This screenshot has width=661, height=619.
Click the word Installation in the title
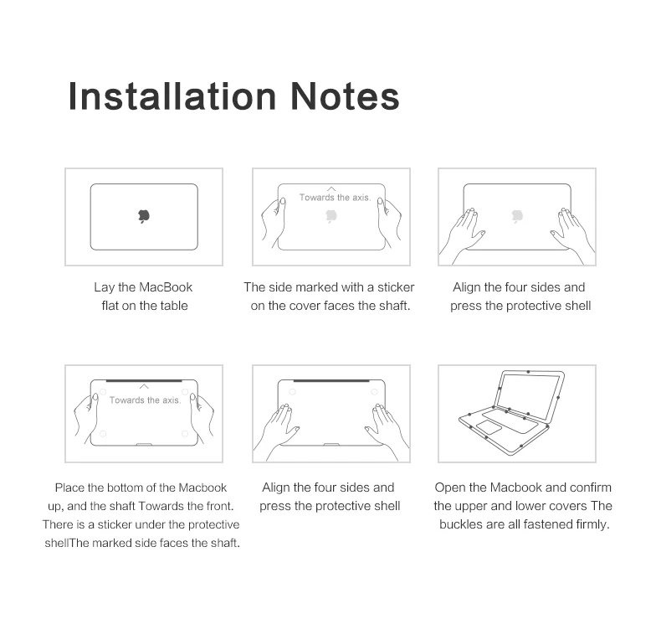pyautogui.click(x=172, y=96)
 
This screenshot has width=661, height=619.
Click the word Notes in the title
pyautogui.click(x=345, y=96)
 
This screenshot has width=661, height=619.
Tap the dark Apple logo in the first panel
pyautogui.click(x=144, y=215)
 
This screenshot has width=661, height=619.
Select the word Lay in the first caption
pyautogui.click(x=104, y=287)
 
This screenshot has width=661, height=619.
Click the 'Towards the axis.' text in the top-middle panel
pyautogui.click(x=335, y=197)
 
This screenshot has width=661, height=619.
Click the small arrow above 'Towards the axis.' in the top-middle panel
pyautogui.click(x=331, y=189)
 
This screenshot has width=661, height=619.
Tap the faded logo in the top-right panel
pyautogui.click(x=517, y=215)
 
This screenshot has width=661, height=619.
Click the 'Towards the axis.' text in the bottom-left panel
pyautogui.click(x=145, y=400)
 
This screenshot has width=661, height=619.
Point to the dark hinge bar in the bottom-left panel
pyautogui.click(x=144, y=380)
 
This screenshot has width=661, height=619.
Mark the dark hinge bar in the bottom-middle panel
pyautogui.click(x=331, y=380)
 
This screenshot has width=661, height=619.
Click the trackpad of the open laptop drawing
pyautogui.click(x=489, y=427)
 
